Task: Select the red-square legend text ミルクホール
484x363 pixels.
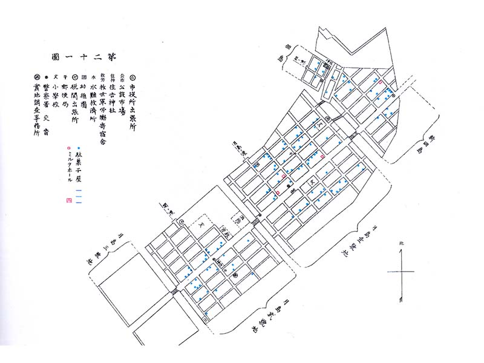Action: tap(71, 166)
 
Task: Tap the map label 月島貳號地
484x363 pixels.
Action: tap(268, 316)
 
